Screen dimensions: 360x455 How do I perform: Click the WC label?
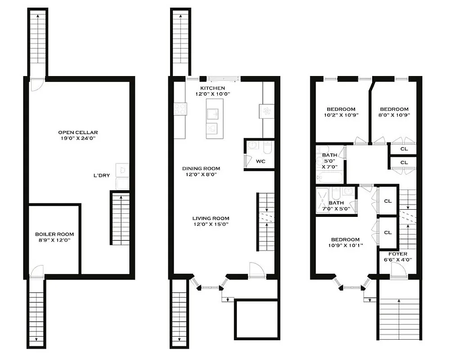[261, 161]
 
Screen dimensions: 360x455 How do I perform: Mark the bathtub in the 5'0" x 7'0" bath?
[330, 177]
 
